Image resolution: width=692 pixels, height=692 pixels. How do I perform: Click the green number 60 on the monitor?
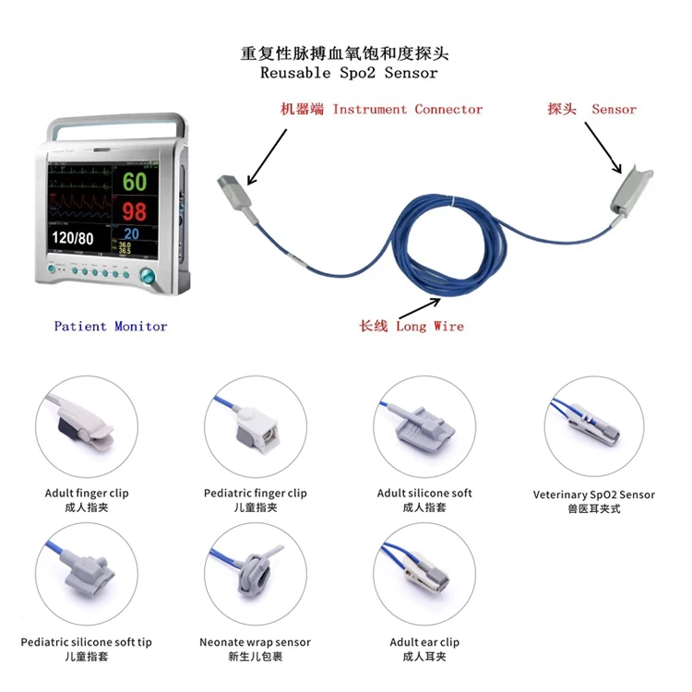point(135,181)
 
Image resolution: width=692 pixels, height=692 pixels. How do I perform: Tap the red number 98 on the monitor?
point(135,210)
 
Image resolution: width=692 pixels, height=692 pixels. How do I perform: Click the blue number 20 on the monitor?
point(132,234)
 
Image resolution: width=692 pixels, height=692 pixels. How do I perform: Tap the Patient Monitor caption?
point(111,326)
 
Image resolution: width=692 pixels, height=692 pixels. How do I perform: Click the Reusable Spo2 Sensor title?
point(349,72)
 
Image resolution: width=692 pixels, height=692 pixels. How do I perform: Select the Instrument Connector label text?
point(408,109)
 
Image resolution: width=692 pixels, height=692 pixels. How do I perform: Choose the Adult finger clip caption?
point(87,494)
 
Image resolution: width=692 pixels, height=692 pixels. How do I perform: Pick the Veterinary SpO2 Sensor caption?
point(594,495)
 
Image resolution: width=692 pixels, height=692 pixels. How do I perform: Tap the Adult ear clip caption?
point(424,642)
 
